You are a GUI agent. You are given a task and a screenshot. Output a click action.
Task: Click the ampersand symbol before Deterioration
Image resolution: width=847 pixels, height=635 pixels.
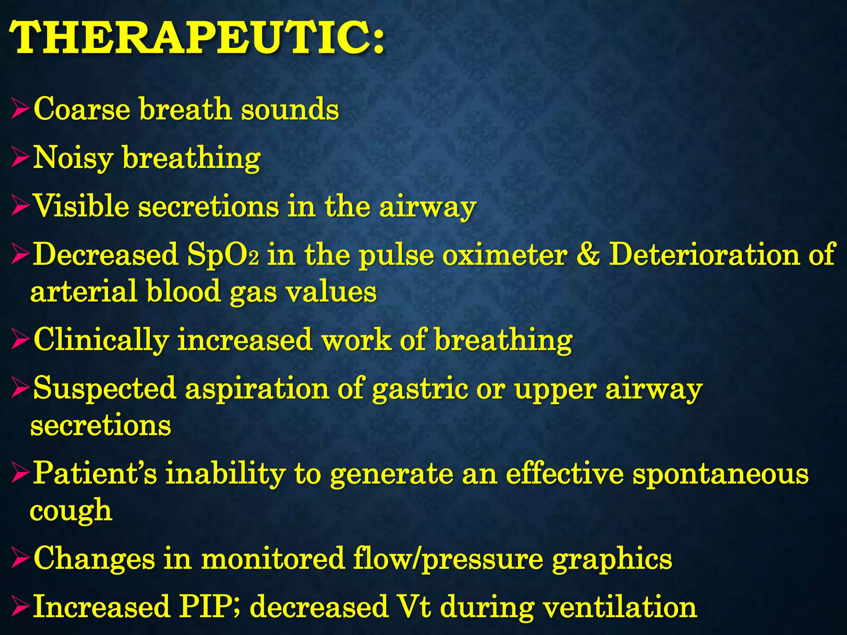tap(588, 255)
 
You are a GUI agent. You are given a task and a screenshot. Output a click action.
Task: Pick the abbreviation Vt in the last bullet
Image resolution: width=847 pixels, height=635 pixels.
tap(413, 607)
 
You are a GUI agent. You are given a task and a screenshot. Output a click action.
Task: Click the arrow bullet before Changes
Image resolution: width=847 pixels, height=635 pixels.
tap(20, 559)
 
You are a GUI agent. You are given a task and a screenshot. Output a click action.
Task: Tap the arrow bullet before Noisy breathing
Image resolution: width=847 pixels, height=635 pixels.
tap(20, 159)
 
